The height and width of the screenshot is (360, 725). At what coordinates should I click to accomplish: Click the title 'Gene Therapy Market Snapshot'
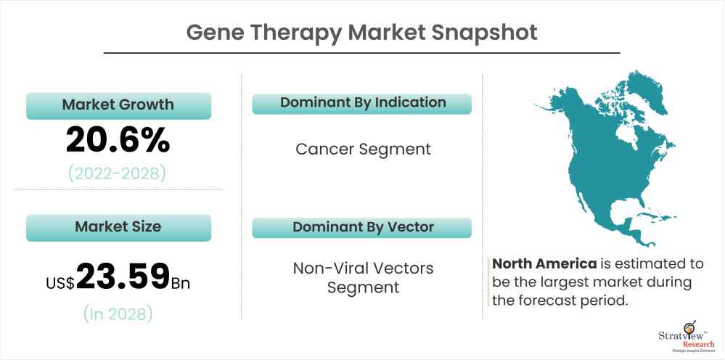point(361,33)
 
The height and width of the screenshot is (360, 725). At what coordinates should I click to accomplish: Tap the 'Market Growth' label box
point(118,105)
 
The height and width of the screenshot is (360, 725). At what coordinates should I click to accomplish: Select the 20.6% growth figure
point(118,139)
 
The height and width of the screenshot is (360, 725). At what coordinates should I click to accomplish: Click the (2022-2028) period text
point(118,173)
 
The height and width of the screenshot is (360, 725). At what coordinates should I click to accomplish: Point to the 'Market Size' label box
point(118,226)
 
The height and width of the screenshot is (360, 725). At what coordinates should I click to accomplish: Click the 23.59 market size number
point(123,277)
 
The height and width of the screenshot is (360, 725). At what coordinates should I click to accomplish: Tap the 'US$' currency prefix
point(60,282)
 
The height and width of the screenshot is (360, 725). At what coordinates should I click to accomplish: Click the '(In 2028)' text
point(118,314)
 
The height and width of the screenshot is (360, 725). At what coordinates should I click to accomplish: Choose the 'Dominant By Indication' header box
point(362,103)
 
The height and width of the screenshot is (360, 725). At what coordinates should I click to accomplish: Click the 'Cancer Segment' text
point(363,149)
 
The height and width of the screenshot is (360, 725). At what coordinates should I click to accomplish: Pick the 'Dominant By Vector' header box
point(362,227)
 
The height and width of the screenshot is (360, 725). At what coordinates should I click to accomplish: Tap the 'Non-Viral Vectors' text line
point(363,269)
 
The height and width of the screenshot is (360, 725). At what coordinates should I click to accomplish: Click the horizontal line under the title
point(361,53)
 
